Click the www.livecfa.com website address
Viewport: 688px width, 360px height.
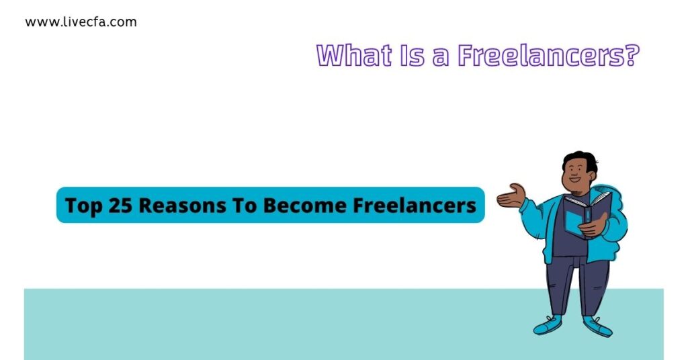pyautogui.click(x=81, y=22)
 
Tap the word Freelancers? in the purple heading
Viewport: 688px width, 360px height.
pyautogui.click(x=547, y=56)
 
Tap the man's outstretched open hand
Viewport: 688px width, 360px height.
pyautogui.click(x=511, y=195)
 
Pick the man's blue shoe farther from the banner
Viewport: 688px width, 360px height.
pyautogui.click(x=597, y=326)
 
